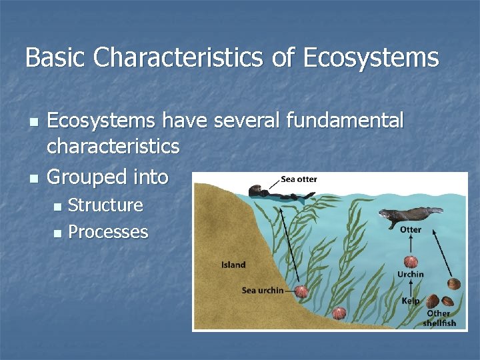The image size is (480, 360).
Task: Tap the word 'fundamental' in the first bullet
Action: [x=344, y=121]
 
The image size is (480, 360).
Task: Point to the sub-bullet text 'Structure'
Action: [x=105, y=205]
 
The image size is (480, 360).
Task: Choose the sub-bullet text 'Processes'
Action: [x=108, y=232]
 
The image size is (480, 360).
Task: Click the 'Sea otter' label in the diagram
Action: [x=299, y=179]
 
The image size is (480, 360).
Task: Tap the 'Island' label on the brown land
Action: [x=233, y=265]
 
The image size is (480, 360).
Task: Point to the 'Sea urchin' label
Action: [x=262, y=290]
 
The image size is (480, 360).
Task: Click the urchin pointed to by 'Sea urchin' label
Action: [x=301, y=291]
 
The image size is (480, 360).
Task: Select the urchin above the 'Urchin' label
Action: [x=410, y=261]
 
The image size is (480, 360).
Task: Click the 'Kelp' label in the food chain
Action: [x=410, y=301]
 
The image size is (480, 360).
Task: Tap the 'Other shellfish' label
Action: [x=439, y=318]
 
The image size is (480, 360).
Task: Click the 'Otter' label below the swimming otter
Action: [x=410, y=229]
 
